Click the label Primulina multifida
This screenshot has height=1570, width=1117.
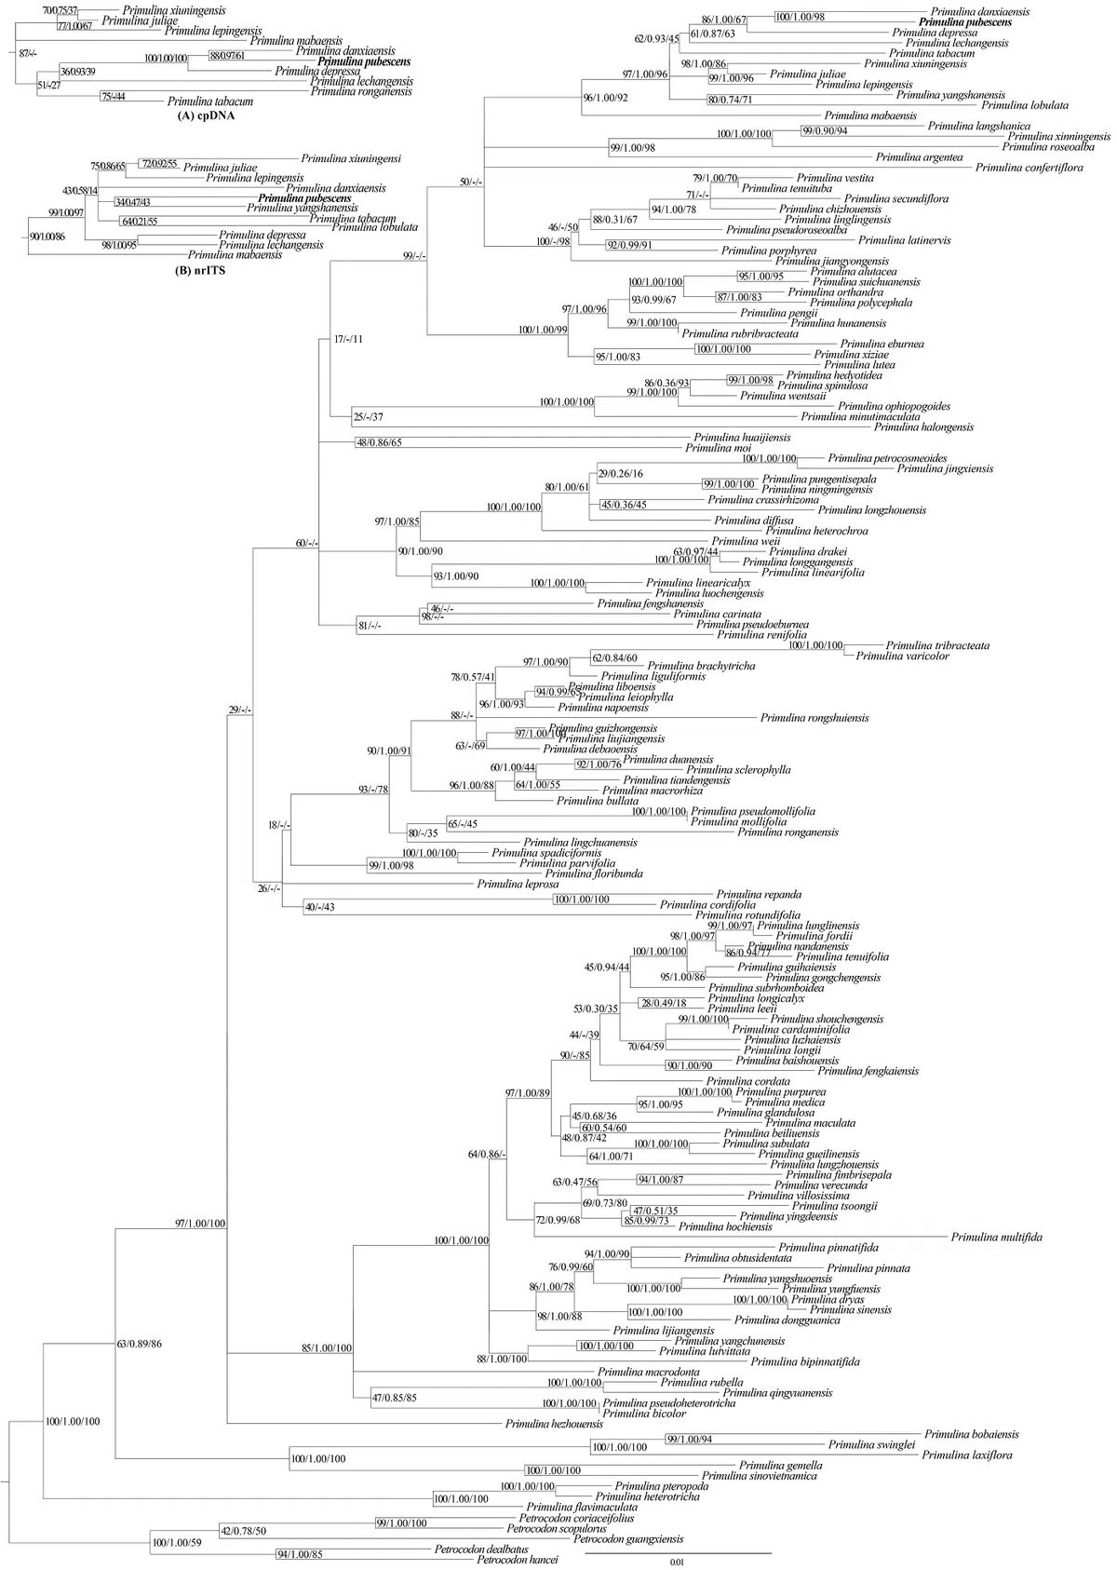(x=996, y=1238)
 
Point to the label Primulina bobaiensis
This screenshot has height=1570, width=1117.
(x=972, y=1435)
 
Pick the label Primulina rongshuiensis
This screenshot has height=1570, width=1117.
(x=814, y=718)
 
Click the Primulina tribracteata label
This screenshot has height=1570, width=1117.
(x=937, y=645)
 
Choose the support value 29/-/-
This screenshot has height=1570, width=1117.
(x=240, y=711)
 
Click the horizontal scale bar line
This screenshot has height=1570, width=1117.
(x=678, y=1553)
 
